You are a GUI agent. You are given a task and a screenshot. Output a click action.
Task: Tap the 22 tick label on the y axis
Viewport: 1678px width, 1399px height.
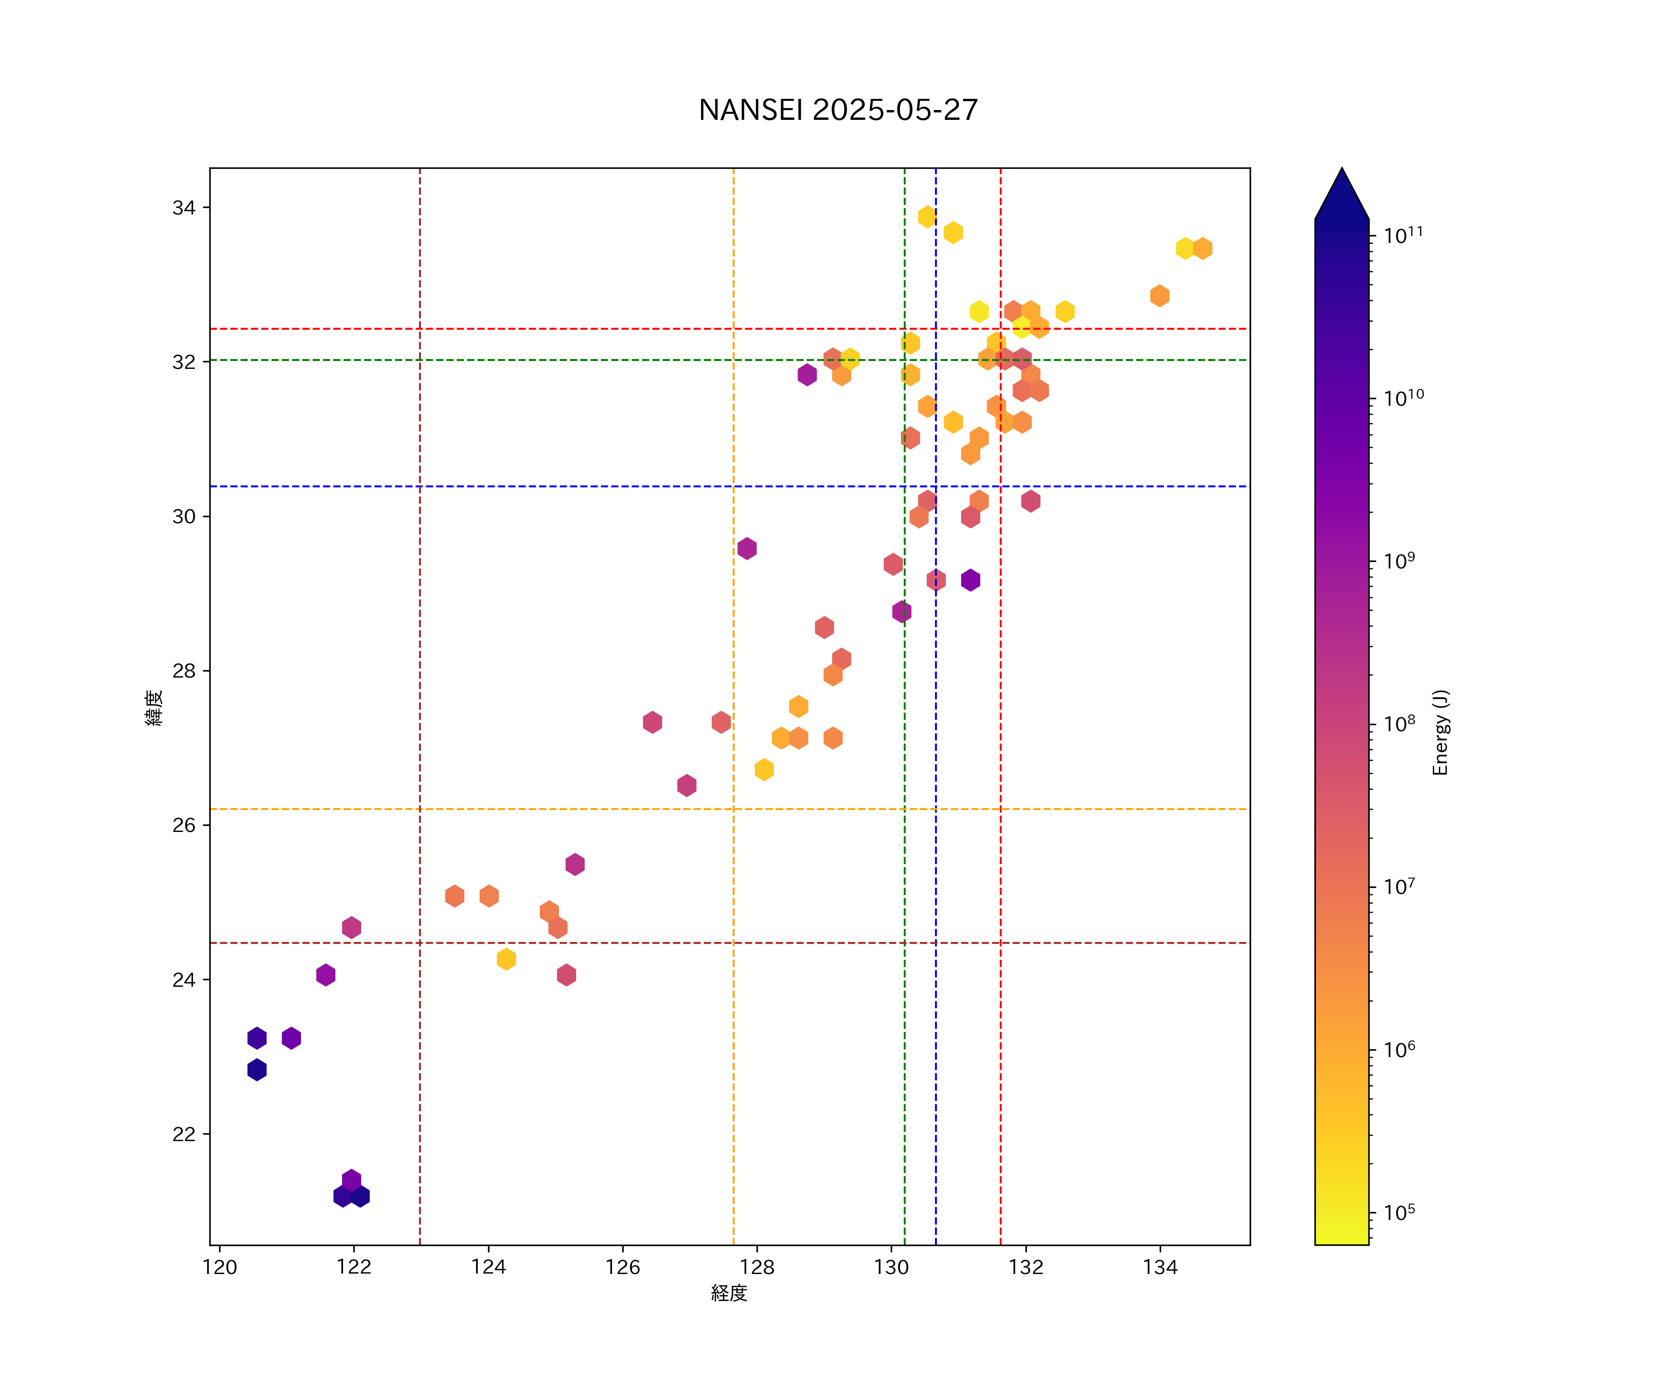point(184,1135)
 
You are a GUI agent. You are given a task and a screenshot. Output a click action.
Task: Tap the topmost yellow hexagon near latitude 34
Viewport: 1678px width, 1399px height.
point(927,217)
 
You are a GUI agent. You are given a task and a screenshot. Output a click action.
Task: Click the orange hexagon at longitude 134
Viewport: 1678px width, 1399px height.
point(1159,296)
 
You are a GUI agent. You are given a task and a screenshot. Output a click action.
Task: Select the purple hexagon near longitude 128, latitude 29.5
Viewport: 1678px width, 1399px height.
point(747,548)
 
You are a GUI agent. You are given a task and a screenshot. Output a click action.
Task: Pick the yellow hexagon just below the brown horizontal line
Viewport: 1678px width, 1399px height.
point(506,959)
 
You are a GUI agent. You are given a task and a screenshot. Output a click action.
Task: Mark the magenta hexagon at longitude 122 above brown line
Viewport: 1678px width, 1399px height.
point(351,928)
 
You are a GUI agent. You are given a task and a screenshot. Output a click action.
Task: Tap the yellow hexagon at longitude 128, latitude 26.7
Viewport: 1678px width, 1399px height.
point(764,770)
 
